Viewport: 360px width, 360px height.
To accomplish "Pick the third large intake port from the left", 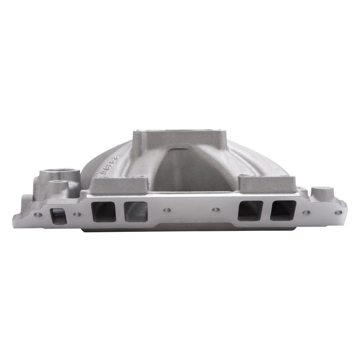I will tap(250, 211).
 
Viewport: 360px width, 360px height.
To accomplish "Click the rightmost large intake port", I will tap(283, 210).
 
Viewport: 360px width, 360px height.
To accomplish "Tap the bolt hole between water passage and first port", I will tap(78, 214).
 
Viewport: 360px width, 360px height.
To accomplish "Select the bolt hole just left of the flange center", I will tap(167, 210).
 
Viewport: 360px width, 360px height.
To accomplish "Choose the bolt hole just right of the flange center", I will tap(215, 210).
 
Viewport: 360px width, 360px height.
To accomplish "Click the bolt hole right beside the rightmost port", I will tap(306, 212).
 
